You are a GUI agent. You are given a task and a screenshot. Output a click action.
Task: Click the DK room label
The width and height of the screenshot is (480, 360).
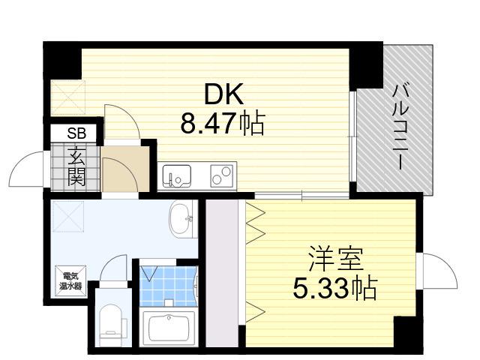coord(223,94)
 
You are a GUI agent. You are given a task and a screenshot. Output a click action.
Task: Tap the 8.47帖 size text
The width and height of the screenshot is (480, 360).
coord(222,123)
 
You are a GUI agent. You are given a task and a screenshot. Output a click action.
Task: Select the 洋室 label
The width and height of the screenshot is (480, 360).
coord(336,259)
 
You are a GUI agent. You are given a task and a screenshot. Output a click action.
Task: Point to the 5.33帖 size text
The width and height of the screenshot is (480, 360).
coord(335,288)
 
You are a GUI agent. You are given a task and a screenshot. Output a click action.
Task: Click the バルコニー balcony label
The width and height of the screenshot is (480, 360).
coord(400,127)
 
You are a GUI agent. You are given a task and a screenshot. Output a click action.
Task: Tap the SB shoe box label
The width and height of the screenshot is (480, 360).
coord(76,133)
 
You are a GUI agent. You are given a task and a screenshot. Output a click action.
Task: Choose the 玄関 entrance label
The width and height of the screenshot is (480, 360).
coord(76,166)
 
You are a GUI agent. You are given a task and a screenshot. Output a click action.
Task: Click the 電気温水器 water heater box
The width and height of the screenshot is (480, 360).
coord(70,281)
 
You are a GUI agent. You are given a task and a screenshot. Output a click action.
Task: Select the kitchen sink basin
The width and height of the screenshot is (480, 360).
coord(177,176)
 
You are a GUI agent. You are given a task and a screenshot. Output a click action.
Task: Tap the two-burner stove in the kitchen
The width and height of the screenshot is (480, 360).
coord(222,176)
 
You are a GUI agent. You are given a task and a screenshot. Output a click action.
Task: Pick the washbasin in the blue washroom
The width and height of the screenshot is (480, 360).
coord(181,219)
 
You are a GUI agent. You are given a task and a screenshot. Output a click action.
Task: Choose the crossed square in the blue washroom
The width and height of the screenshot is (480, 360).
coord(68,216)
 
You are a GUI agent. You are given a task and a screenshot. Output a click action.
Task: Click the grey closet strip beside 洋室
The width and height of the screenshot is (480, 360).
coord(222,273)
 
